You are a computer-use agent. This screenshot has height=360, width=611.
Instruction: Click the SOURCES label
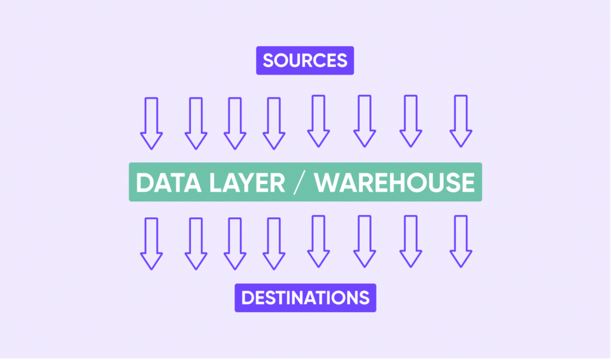[305, 60]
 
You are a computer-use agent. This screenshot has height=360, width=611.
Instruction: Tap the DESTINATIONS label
[305, 298]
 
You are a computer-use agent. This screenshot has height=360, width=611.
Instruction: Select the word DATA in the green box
[169, 183]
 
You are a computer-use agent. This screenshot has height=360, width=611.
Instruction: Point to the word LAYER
[248, 183]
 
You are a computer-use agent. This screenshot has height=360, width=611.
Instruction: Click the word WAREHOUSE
[395, 183]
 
